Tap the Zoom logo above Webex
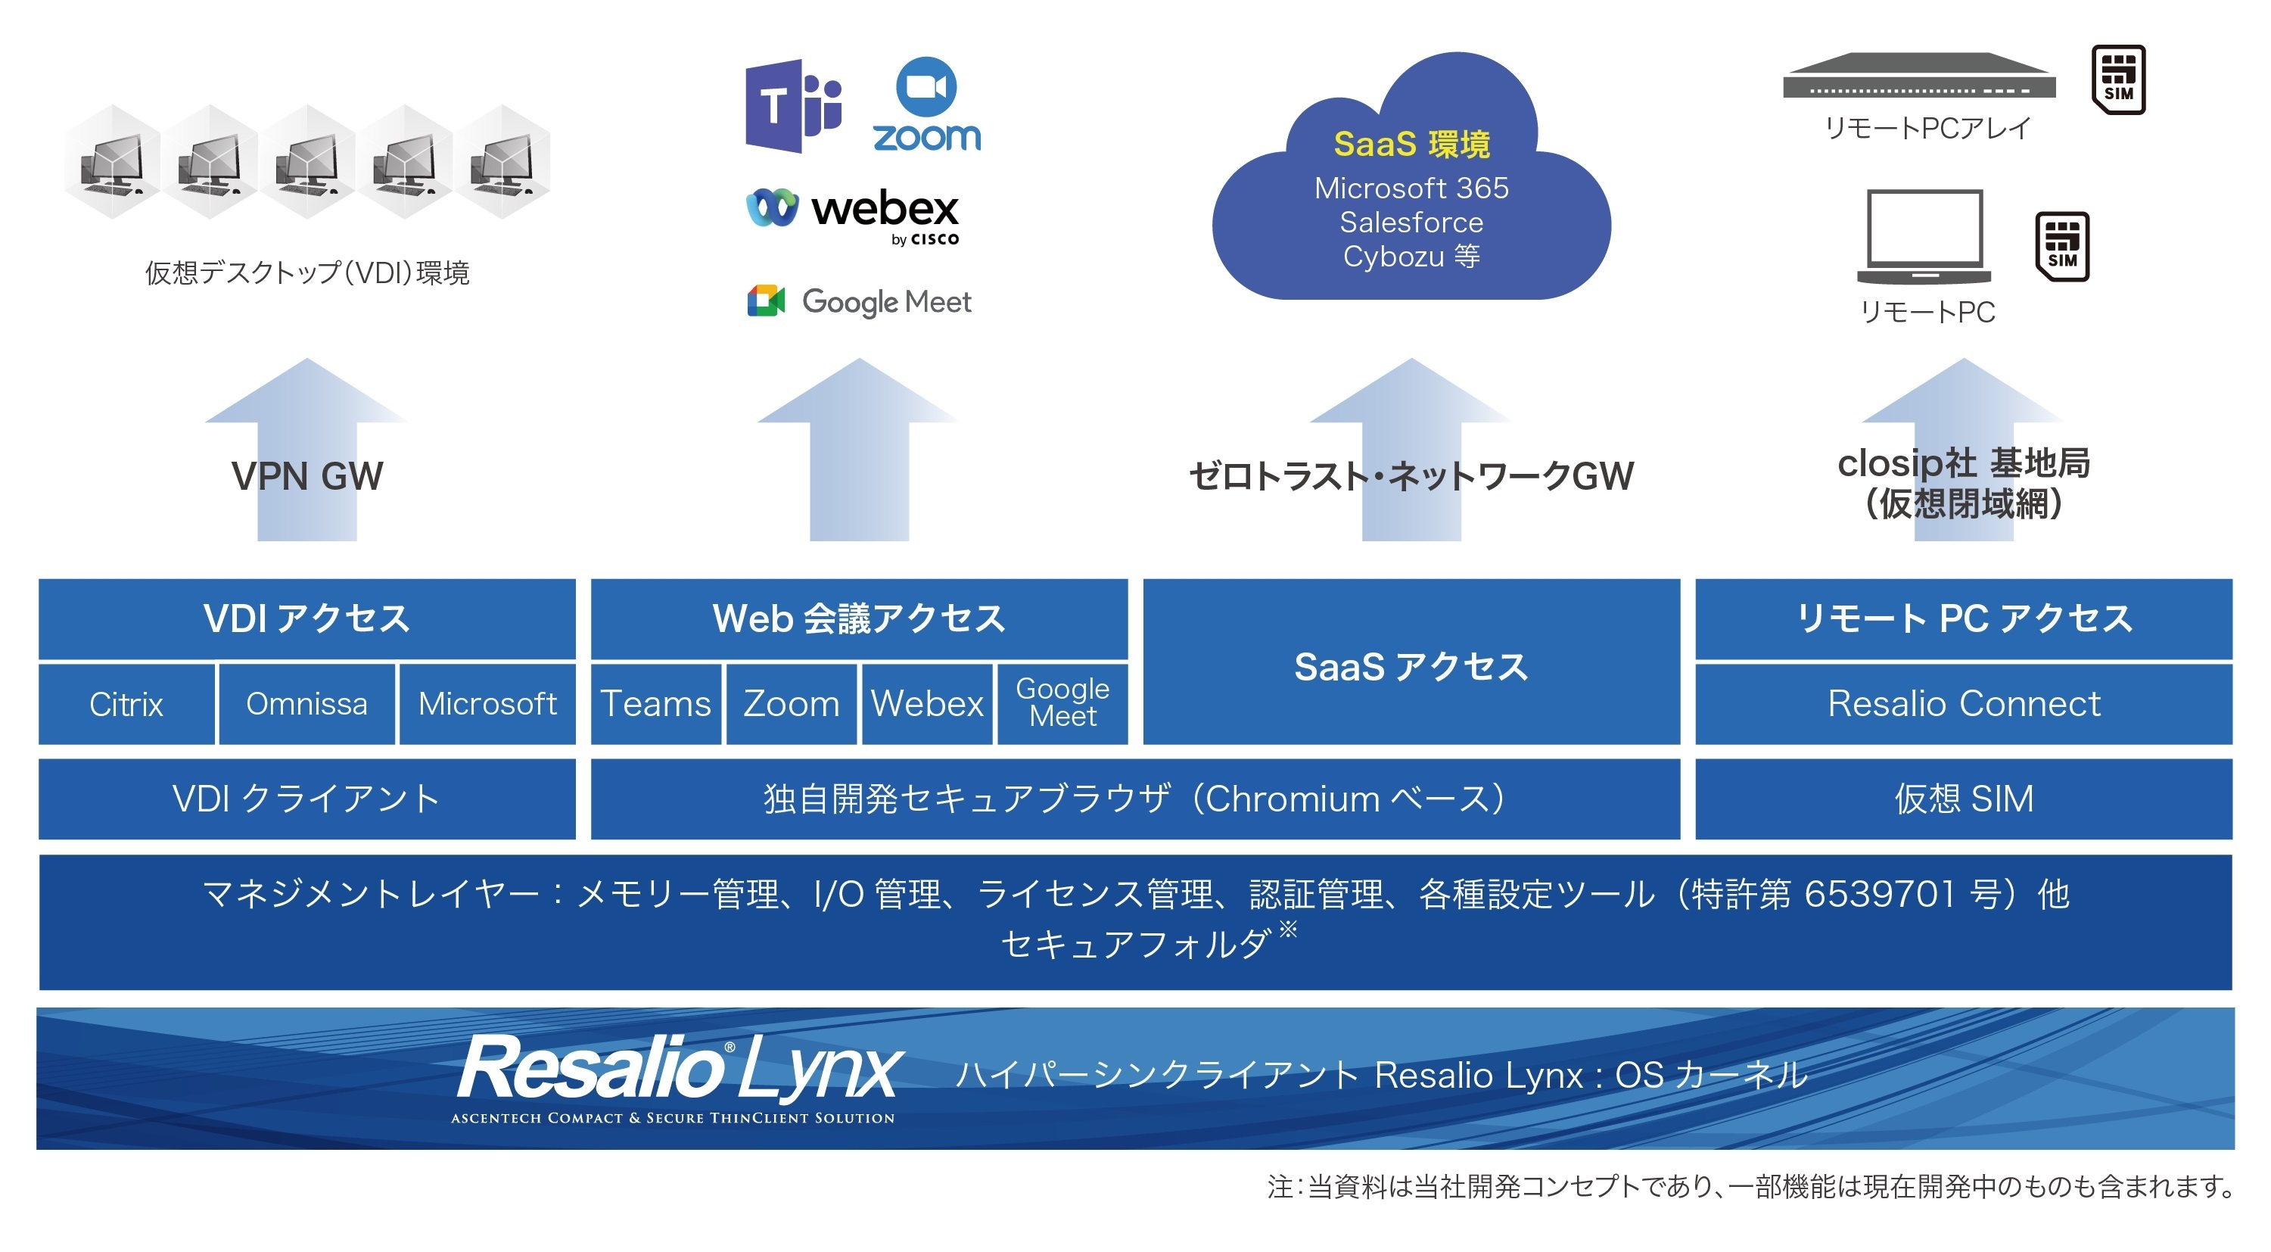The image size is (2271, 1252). [926, 106]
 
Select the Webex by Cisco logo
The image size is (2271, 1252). [853, 214]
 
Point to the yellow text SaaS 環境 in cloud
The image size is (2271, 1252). [1411, 144]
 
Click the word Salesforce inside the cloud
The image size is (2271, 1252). [1411, 223]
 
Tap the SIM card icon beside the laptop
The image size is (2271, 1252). [2061, 246]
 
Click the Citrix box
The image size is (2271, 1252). [126, 704]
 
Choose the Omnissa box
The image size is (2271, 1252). [306, 704]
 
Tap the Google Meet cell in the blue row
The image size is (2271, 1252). [1062, 704]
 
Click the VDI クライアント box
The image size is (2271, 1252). [306, 799]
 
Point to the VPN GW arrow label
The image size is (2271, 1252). [306, 476]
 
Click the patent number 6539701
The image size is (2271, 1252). [1880, 894]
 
